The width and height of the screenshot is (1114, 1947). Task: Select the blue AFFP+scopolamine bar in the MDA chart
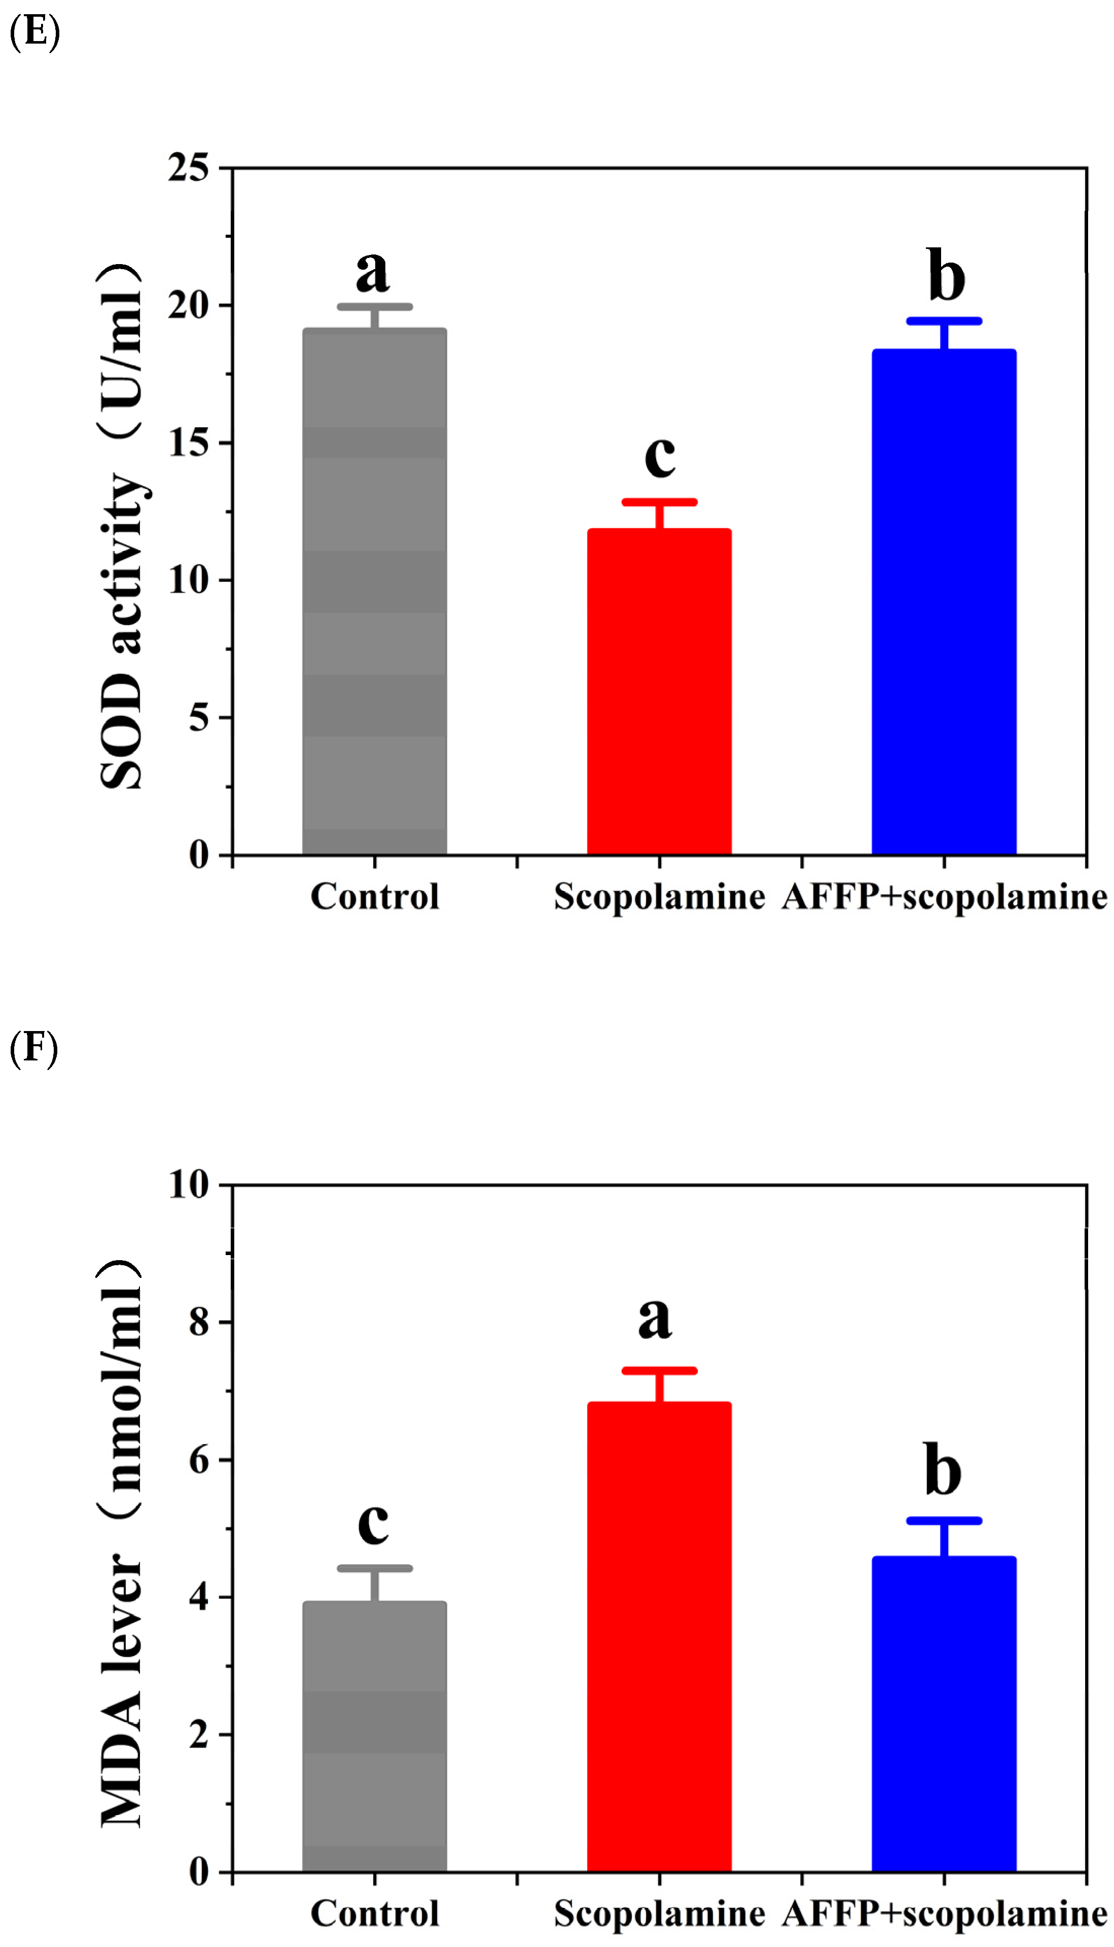pyautogui.click(x=944, y=1713)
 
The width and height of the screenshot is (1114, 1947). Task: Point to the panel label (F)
pyautogui.click(x=33, y=1048)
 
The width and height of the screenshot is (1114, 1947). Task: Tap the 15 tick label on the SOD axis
pyautogui.click(x=188, y=443)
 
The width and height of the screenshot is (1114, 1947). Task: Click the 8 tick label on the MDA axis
pyautogui.click(x=199, y=1322)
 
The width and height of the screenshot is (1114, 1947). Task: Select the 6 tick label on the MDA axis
pyautogui.click(x=199, y=1460)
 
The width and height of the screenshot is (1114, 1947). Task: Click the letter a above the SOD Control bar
pyautogui.click(x=373, y=272)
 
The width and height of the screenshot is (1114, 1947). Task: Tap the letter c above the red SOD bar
pyautogui.click(x=660, y=457)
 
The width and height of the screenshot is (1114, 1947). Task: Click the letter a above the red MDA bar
pyautogui.click(x=655, y=1319)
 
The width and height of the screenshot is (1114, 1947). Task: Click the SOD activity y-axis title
pyautogui.click(x=122, y=528)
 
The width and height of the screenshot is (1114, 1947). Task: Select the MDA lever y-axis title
pyautogui.click(x=122, y=1545)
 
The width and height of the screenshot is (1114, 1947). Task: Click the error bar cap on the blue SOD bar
pyautogui.click(x=944, y=321)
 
